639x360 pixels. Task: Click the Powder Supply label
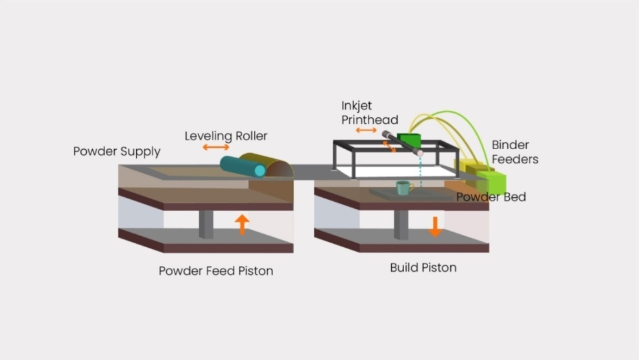click(116, 152)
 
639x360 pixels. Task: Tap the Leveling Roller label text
click(226, 136)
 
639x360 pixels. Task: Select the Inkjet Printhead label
click(369, 112)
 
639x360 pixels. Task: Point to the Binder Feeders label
click(514, 152)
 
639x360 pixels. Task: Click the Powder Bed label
click(490, 197)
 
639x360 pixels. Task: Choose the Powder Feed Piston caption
click(215, 270)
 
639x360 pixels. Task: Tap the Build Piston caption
click(423, 267)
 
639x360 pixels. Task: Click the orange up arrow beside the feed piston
click(242, 224)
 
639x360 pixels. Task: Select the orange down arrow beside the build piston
click(435, 226)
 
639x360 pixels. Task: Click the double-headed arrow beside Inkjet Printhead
click(367, 131)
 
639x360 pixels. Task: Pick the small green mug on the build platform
click(402, 187)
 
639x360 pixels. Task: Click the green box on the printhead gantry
click(409, 140)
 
